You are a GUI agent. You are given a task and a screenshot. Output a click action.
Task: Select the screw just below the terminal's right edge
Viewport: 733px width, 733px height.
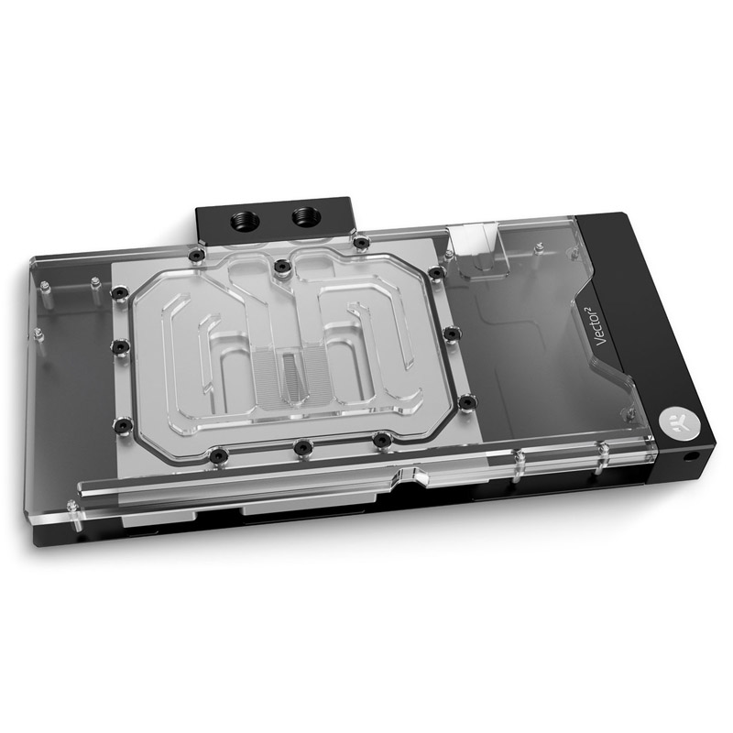pos(362,242)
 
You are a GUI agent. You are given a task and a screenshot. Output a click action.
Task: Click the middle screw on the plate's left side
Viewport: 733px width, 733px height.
pos(118,346)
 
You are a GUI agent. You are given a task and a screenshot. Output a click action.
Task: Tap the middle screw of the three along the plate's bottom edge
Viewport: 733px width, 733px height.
pos(301,446)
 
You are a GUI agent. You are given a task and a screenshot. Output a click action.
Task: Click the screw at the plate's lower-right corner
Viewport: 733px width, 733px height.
pos(466,400)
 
